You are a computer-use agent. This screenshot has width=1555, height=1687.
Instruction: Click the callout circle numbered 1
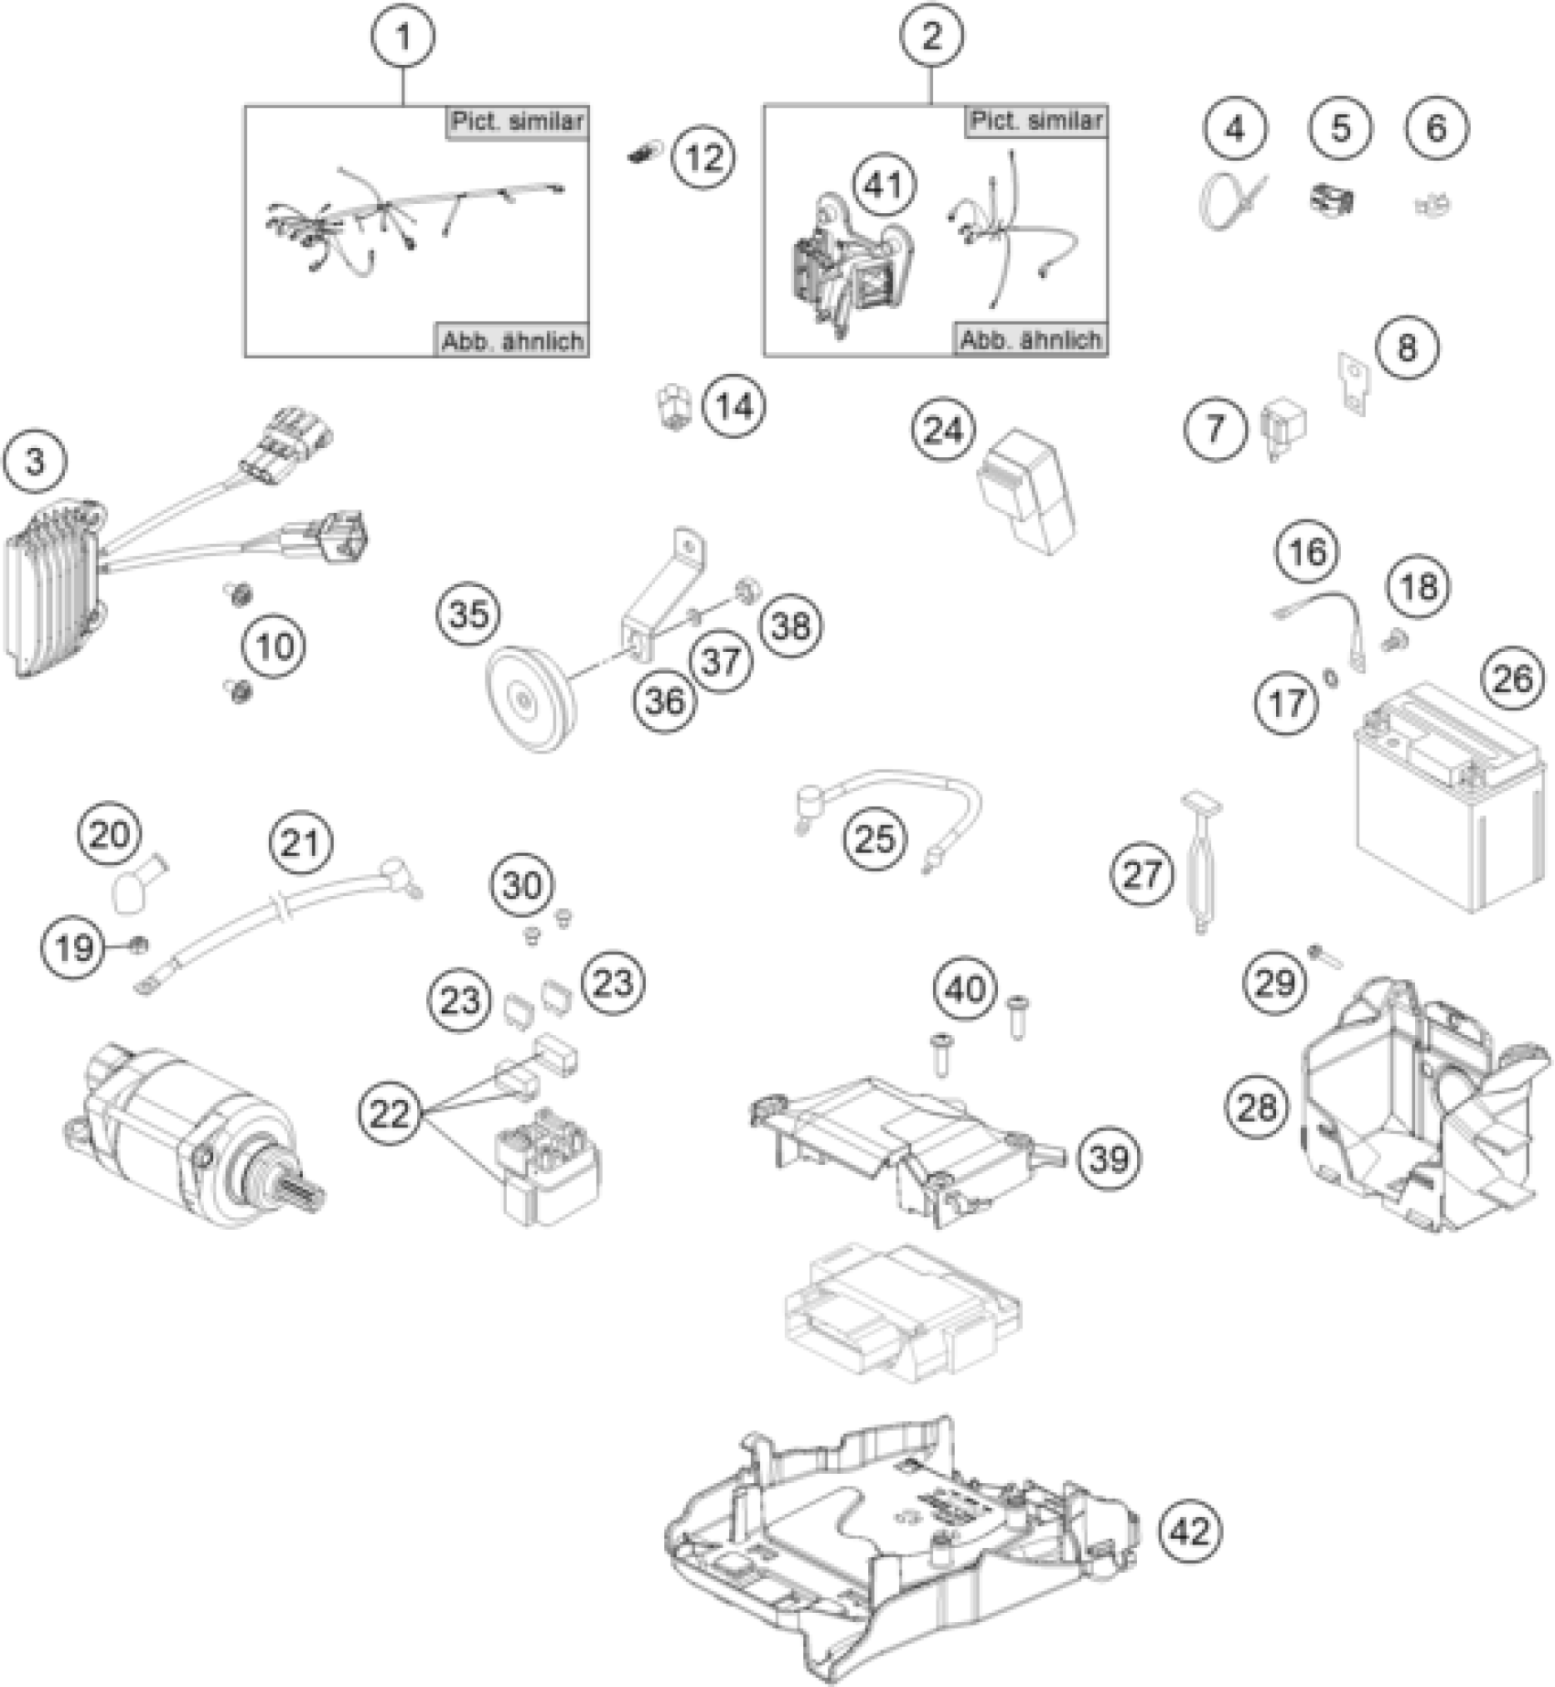click(x=402, y=37)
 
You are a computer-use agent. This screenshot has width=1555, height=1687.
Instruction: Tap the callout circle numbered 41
click(x=883, y=186)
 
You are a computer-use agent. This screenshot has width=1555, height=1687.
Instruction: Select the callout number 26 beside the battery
click(x=1511, y=678)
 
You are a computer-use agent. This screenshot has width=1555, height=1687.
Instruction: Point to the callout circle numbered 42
click(x=1190, y=1530)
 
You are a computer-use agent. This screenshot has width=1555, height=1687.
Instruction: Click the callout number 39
click(x=1110, y=1159)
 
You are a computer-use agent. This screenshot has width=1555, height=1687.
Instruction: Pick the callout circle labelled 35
click(x=468, y=614)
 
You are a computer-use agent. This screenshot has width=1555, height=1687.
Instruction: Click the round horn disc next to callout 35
click(x=528, y=700)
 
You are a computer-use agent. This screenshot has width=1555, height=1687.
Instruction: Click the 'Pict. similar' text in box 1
click(x=517, y=122)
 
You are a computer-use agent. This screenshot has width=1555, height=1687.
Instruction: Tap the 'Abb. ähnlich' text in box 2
click(x=1030, y=340)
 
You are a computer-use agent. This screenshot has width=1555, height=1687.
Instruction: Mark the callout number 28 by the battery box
click(x=1255, y=1108)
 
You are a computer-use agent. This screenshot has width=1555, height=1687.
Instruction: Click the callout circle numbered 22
click(x=390, y=1114)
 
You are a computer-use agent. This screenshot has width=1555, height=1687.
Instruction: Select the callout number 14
click(x=735, y=405)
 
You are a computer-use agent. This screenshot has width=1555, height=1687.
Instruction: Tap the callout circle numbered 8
click(x=1407, y=347)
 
